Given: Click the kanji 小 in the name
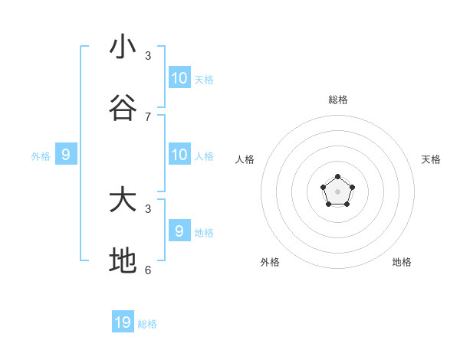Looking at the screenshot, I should [x=123, y=47].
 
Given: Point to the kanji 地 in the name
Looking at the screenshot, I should [x=123, y=261].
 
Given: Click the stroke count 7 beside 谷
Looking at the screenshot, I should [x=148, y=116].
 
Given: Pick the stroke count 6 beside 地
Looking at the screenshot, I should [x=148, y=270].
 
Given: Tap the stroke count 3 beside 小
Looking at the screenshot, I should [x=148, y=55].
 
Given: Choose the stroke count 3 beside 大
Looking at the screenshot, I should [x=148, y=208].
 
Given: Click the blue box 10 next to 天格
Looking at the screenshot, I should [x=179, y=77].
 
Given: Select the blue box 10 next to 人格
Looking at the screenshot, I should [x=179, y=154].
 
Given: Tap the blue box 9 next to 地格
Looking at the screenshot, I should [x=179, y=231].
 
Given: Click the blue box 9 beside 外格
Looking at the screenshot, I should [x=66, y=154].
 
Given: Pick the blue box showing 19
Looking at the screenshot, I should [x=123, y=322].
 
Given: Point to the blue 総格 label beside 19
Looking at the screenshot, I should [x=147, y=324].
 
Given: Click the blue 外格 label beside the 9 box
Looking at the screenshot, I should [x=41, y=156].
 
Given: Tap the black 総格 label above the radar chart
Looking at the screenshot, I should [x=338, y=100].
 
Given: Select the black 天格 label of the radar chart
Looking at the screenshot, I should [x=431, y=159].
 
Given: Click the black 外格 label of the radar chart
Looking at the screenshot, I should [x=270, y=262].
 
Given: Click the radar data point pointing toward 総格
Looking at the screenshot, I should [x=337, y=177].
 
